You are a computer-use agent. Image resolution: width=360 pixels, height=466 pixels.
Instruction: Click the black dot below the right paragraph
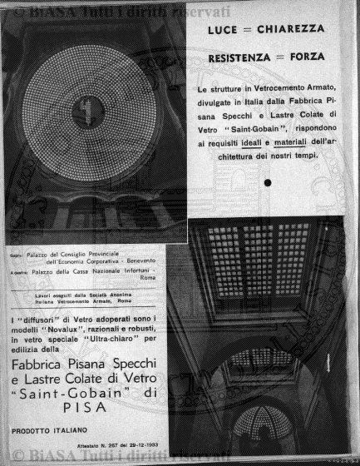(x=268, y=182)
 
